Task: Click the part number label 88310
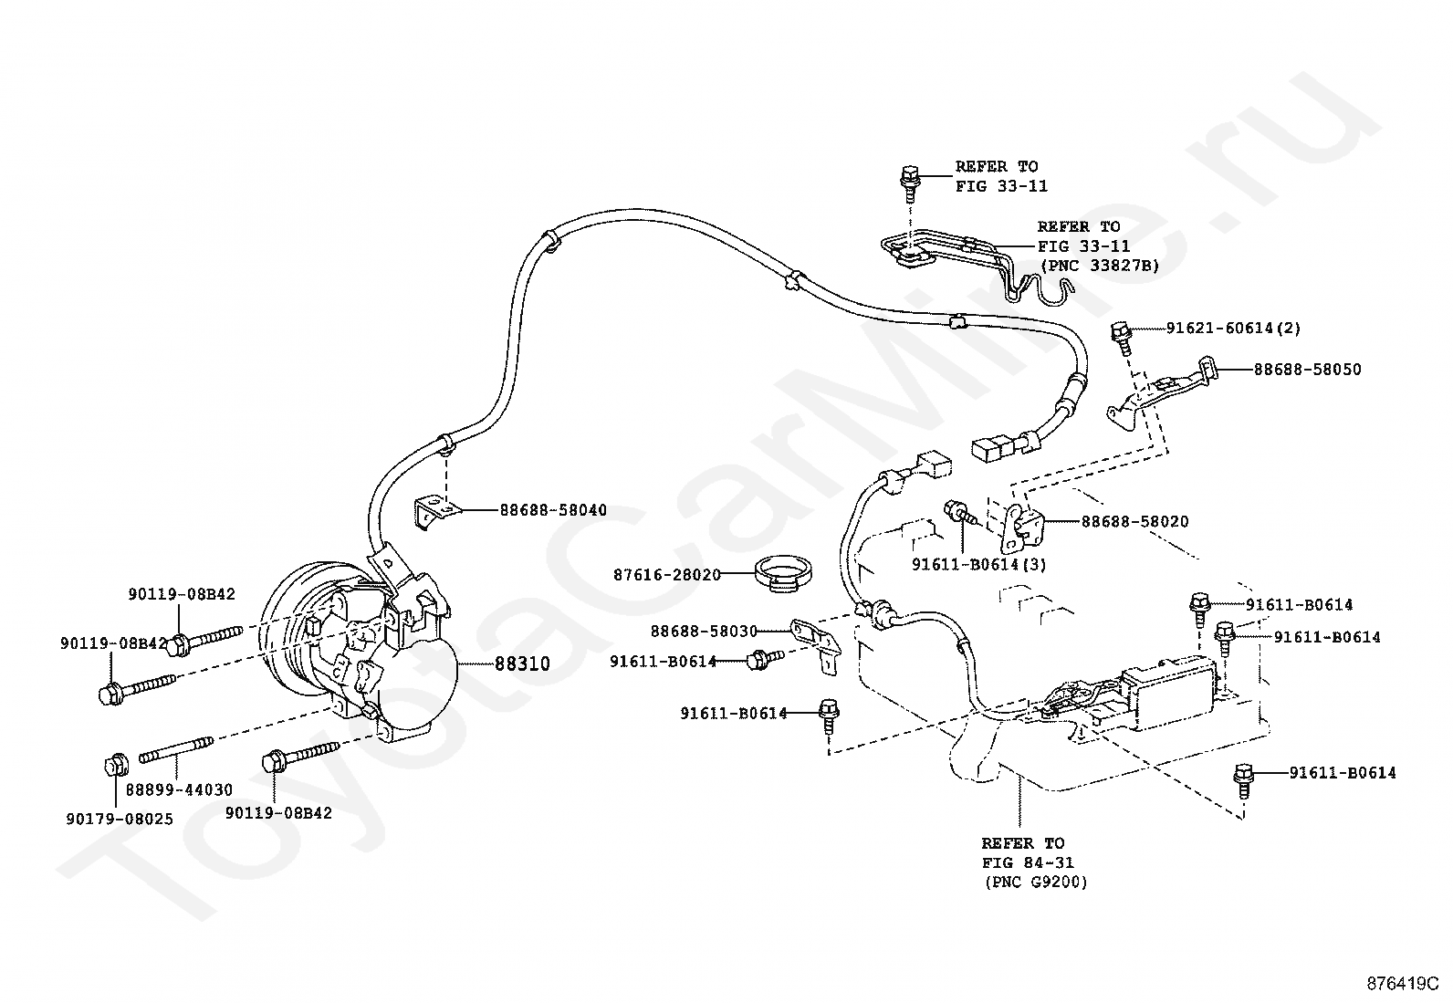522,663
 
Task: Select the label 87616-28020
667,575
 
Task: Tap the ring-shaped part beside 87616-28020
785,574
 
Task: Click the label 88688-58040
553,510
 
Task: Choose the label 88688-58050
1307,369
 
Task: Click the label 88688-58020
1135,522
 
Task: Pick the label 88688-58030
704,632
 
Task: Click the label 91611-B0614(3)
979,564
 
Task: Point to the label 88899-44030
179,789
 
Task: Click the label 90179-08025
120,819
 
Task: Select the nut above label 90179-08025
116,766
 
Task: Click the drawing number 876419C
1403,984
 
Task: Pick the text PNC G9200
1036,883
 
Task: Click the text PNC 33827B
1100,266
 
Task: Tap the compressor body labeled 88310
363,649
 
